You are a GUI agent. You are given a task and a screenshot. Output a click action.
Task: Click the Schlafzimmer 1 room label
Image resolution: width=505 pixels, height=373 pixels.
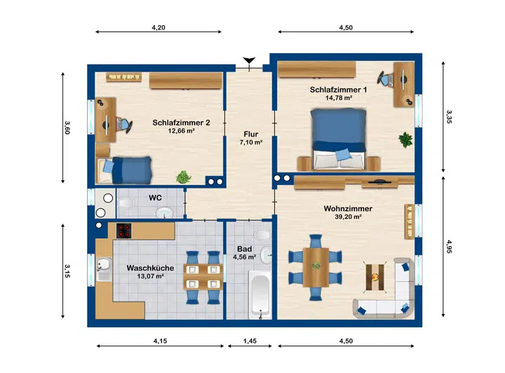[338, 90]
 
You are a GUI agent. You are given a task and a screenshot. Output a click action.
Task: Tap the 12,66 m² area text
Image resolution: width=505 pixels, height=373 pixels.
[182, 130]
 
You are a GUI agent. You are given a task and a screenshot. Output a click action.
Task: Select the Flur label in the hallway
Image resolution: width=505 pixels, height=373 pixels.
[251, 134]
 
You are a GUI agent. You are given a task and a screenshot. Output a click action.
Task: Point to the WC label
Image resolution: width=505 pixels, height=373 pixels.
[155, 198]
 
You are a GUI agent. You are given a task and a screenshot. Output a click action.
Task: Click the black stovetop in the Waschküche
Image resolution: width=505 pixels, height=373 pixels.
[124, 231]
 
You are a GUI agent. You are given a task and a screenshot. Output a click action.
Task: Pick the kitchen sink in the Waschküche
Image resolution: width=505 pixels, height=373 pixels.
[104, 269]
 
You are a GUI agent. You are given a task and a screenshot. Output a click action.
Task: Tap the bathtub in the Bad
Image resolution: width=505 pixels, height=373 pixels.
[260, 294]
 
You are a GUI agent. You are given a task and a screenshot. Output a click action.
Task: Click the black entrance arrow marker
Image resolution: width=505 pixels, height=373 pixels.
[249, 60]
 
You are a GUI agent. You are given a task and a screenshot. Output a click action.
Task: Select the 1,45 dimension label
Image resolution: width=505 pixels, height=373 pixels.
[250, 341]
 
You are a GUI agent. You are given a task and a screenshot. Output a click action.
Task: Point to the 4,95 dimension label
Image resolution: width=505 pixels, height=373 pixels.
[450, 246]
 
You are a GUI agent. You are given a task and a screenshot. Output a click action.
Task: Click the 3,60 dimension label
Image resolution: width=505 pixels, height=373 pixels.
[67, 128]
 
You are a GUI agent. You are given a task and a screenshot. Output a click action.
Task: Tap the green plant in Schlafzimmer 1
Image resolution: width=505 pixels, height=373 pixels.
[405, 140]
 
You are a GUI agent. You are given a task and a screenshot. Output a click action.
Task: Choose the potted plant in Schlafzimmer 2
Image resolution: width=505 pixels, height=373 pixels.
[184, 177]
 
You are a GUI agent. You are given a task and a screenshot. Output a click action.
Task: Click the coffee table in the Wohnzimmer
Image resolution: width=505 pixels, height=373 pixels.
[375, 277]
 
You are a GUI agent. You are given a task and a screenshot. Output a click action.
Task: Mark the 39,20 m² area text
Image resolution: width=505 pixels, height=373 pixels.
[348, 217]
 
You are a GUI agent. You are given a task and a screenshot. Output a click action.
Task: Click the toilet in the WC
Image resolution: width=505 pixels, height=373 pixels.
[126, 203]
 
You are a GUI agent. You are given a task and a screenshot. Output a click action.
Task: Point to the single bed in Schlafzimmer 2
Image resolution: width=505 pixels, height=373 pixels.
[124, 170]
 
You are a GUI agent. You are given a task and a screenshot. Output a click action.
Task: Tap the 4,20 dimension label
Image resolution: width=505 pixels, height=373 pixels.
[159, 27]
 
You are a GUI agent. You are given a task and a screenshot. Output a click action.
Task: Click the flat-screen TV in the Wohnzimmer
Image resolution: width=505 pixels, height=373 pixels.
[379, 182]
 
